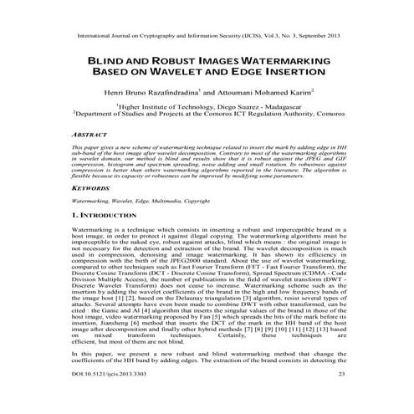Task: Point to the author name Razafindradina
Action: pyautogui.click(x=167, y=93)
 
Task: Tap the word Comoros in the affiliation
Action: pyautogui.click(x=323, y=117)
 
